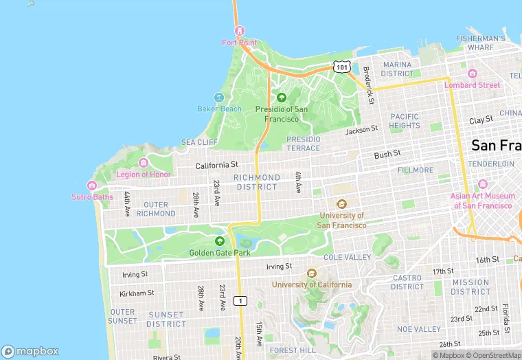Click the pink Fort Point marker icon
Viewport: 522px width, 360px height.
tap(239, 31)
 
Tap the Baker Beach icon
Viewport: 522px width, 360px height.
tap(219, 98)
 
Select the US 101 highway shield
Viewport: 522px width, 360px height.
tap(342, 66)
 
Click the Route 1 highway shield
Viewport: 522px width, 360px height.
tap(240, 301)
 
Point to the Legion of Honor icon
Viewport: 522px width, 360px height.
tap(143, 163)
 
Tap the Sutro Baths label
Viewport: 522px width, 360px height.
tap(92, 197)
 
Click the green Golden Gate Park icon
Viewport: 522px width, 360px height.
tap(219, 241)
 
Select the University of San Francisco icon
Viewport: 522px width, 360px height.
tap(341, 203)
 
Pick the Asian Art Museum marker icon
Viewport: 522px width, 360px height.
tap(482, 184)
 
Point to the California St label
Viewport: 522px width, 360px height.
tap(216, 166)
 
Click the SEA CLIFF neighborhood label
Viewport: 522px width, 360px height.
tap(199, 142)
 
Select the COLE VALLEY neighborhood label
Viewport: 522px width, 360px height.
tap(347, 257)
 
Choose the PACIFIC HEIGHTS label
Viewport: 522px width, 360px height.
tap(404, 121)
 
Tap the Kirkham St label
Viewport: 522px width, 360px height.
tap(137, 293)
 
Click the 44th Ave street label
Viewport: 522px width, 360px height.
tap(127, 204)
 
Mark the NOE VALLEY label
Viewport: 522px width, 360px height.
tap(418, 329)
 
